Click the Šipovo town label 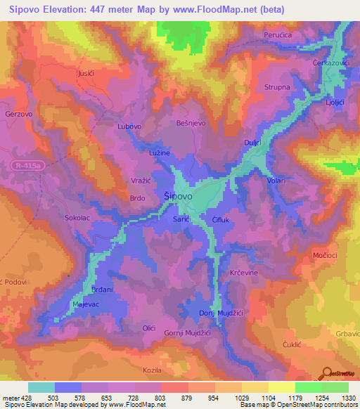pos(178,197)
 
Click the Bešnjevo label pos(189,122)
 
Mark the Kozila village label pos(152,369)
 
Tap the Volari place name pos(276,181)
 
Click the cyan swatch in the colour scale pos(41,387)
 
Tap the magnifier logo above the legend pos(327,372)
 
